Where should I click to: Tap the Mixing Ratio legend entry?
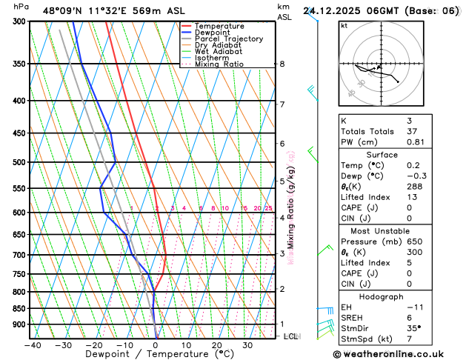coord(220,64)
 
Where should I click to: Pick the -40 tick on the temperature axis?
coord(32,345)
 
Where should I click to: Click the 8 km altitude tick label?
coord(282,64)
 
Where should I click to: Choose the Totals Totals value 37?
coord(413,131)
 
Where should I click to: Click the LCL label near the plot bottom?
coord(290,336)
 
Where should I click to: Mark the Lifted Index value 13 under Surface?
coord(413,197)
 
